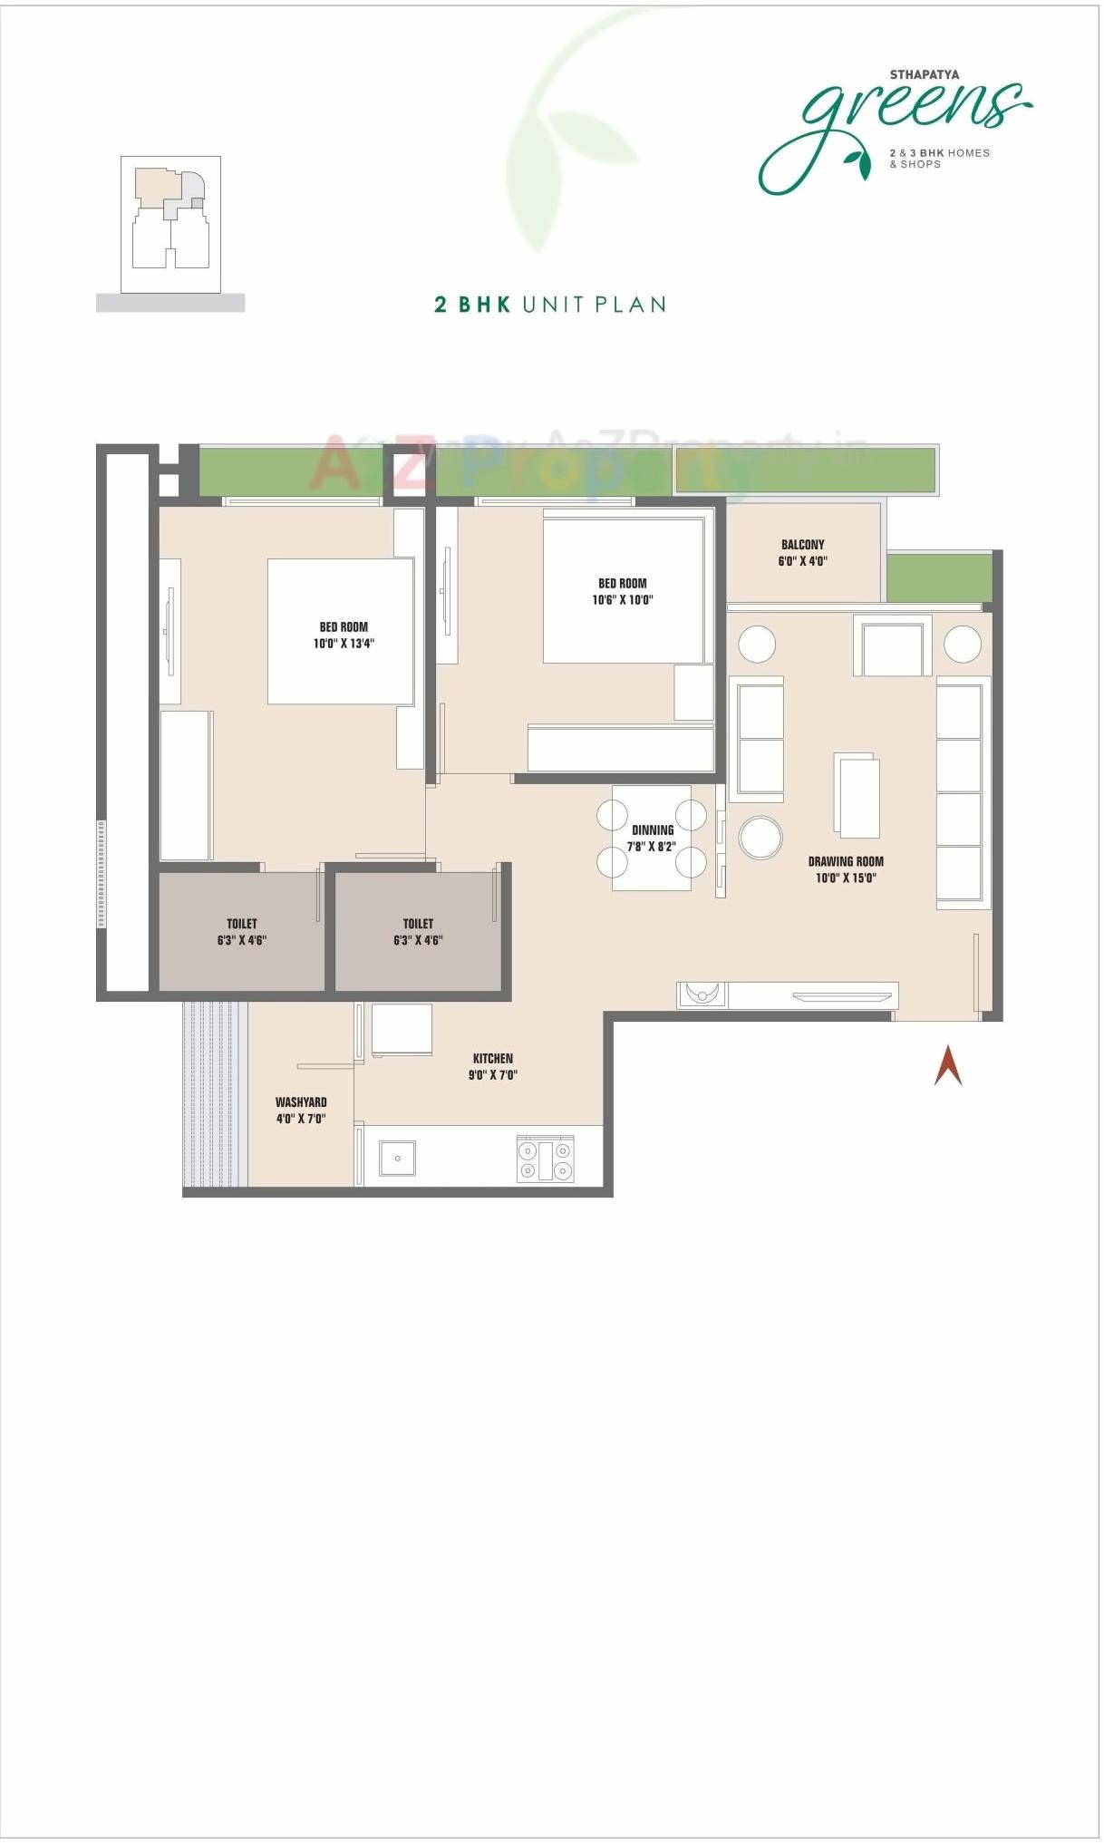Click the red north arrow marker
pyautogui.click(x=948, y=1066)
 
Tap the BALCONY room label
pyautogui.click(x=803, y=545)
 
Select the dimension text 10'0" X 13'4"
pyautogui.click(x=344, y=644)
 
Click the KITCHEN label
pyautogui.click(x=493, y=1059)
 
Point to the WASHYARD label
pyautogui.click(x=301, y=1102)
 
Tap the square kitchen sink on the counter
pyautogui.click(x=397, y=1159)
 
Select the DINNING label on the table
pyautogui.click(x=653, y=830)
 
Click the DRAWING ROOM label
pyautogui.click(x=846, y=862)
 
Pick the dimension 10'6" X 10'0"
pyautogui.click(x=623, y=600)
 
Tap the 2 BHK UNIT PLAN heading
pyautogui.click(x=550, y=305)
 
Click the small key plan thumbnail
pyautogui.click(x=170, y=224)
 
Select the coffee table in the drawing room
pyautogui.click(x=857, y=795)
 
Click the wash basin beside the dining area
pyautogui.click(x=702, y=994)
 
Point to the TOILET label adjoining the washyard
pyautogui.click(x=242, y=924)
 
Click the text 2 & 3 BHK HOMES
pyautogui.click(x=939, y=153)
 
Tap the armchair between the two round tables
pyautogui.click(x=892, y=646)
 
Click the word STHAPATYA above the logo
pyautogui.click(x=924, y=75)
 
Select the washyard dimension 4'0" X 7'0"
pyautogui.click(x=301, y=1119)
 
